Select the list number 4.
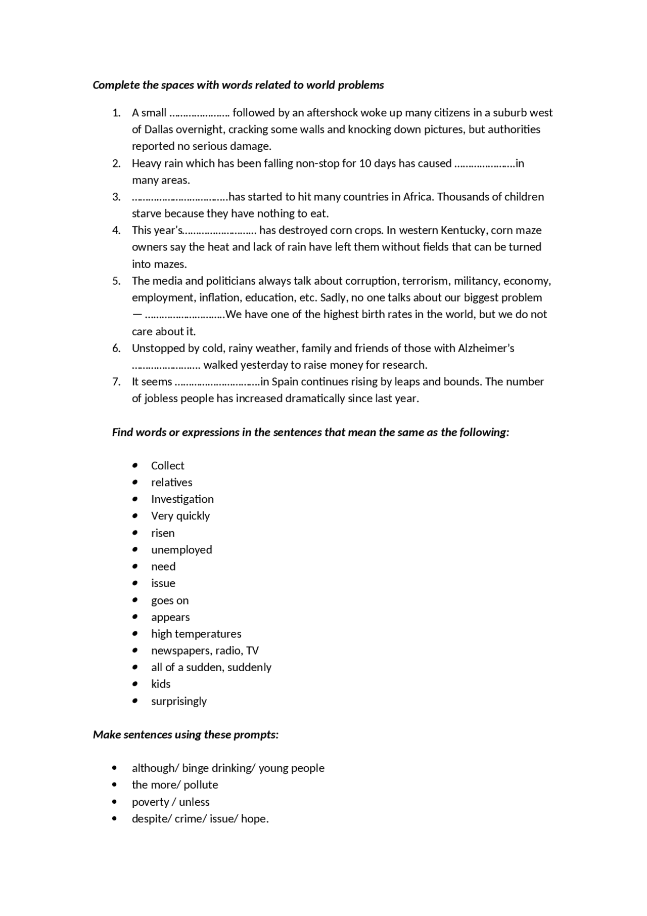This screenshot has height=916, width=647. click(x=116, y=230)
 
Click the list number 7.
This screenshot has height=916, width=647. click(x=116, y=381)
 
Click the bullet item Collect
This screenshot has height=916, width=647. click(x=167, y=465)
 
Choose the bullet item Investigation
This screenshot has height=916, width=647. click(x=182, y=499)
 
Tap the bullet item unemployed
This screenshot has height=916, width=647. click(x=181, y=550)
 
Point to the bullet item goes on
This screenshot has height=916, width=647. click(x=170, y=600)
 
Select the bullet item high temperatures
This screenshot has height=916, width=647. click(x=196, y=634)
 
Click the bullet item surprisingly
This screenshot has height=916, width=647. click(x=179, y=701)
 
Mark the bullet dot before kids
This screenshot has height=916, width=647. click(x=135, y=684)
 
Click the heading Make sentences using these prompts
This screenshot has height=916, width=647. click(x=186, y=734)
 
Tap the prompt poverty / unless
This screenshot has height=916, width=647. click(x=170, y=802)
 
